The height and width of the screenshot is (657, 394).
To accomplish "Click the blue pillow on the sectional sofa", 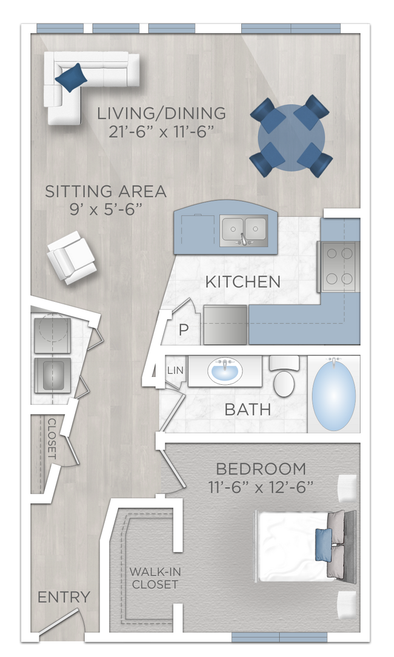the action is coord(71,77).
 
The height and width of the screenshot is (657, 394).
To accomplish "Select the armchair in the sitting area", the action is coord(71,258).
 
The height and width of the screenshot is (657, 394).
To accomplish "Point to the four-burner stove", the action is coord(339,267).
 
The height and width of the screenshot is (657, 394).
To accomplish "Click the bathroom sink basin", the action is coord(225,372).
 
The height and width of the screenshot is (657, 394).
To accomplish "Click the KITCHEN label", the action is coord(242,282).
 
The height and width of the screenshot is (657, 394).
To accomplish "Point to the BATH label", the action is coord(248,409).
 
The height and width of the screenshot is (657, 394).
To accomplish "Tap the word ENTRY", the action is coord(64,596).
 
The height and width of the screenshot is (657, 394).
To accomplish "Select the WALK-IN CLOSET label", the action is coord(154,578).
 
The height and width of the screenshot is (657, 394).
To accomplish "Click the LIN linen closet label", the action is coord(175,370).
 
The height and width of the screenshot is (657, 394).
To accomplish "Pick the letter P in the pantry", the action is coord(183,330).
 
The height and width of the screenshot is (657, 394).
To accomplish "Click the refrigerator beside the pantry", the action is coord(225,325).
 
